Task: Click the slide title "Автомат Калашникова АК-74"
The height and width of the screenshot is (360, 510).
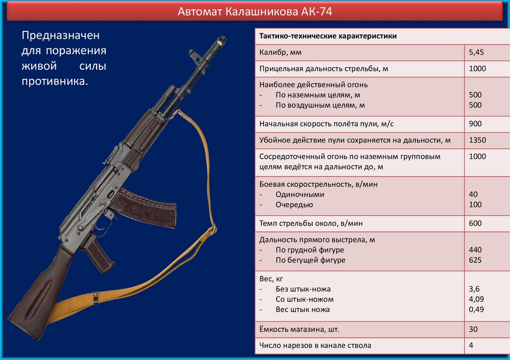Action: (255, 11)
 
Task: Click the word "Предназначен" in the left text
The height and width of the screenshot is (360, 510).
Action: (60, 36)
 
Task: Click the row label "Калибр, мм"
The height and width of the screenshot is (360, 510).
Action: (280, 52)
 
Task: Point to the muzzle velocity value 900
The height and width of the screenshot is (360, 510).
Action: (475, 123)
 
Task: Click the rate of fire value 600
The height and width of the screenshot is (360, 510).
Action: (475, 223)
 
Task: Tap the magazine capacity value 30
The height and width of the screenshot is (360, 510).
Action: (473, 329)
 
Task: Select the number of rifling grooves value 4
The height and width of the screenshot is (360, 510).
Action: (471, 345)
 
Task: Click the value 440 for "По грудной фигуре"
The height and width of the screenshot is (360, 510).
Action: (475, 250)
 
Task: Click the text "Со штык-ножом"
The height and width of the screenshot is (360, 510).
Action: (304, 299)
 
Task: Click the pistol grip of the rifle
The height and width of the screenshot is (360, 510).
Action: (98, 254)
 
